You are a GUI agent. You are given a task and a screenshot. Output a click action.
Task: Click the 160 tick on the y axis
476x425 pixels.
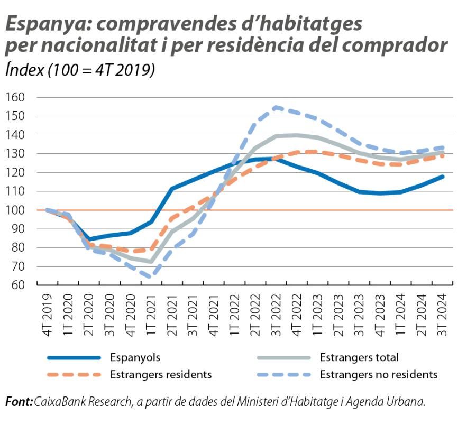[x=16, y=97]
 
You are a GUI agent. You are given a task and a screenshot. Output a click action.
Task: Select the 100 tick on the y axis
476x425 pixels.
[x=16, y=210]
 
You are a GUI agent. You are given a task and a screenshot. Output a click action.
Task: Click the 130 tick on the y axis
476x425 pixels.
[x=16, y=154]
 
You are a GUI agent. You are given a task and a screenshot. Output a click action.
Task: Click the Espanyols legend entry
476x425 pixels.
[x=135, y=358]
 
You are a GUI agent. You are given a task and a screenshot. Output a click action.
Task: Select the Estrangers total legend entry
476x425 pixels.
[x=359, y=358]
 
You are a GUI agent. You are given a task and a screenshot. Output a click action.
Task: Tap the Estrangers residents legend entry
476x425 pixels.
[x=161, y=375]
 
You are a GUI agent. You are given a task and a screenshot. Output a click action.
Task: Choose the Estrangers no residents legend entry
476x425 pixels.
[x=379, y=375]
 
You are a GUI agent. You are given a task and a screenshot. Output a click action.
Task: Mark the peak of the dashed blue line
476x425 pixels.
[x=276, y=107]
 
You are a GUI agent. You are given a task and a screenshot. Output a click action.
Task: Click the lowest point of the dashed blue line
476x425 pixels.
[x=151, y=276]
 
